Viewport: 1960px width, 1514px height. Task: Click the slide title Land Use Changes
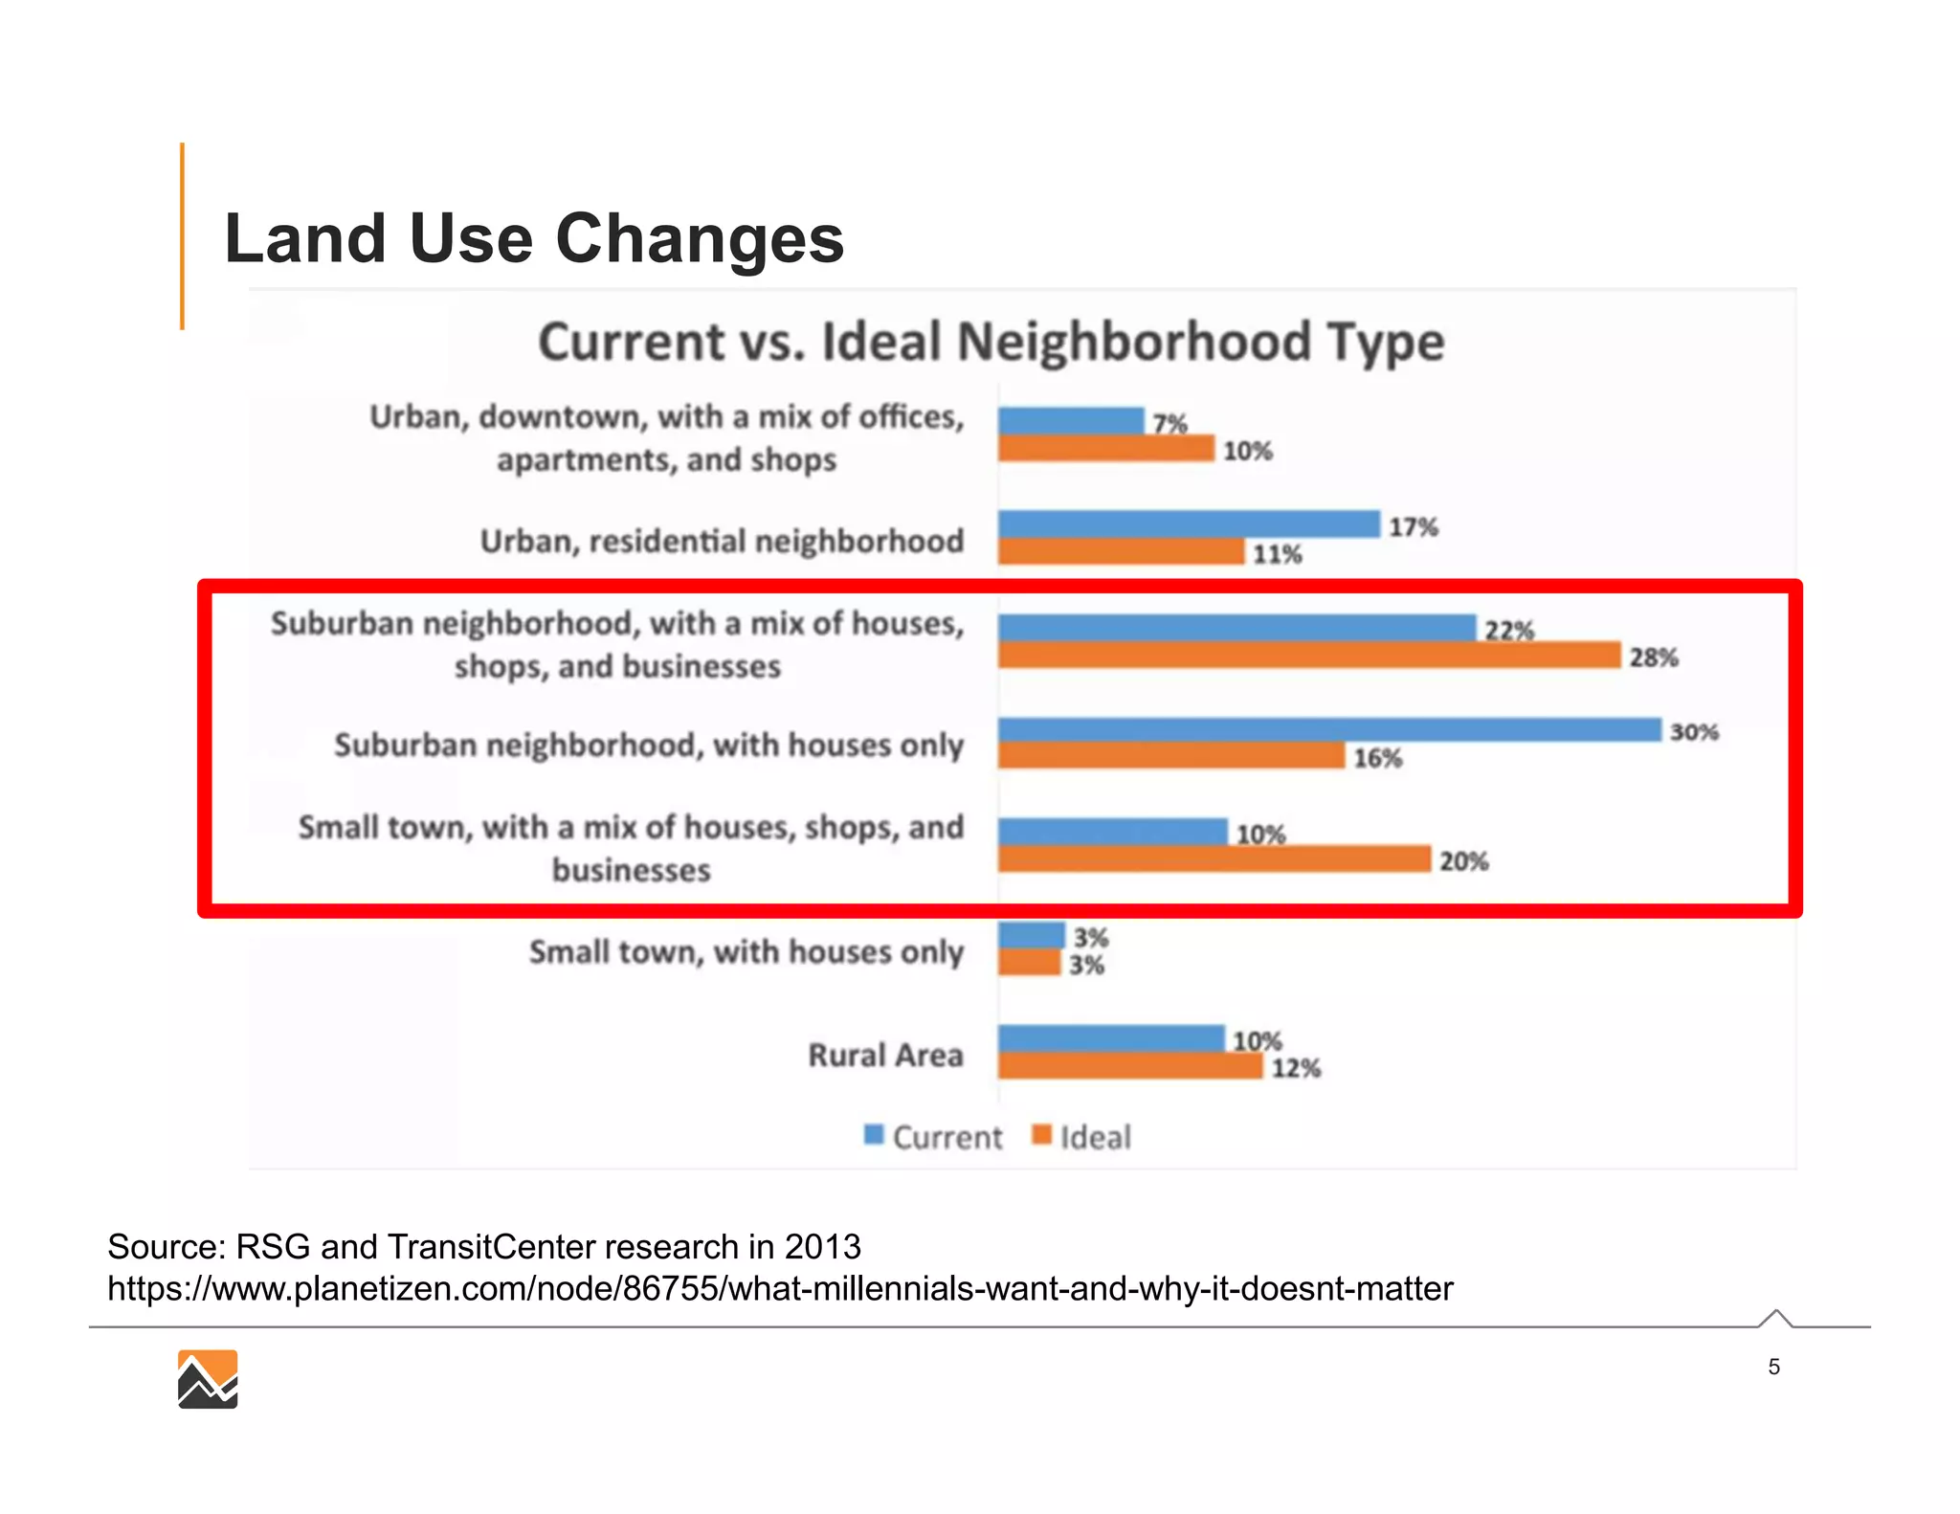(x=533, y=238)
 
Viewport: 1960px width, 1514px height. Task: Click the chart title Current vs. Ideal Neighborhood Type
(x=991, y=342)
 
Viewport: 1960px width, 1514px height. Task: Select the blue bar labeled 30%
(x=1328, y=729)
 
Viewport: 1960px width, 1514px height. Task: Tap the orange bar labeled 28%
(x=1308, y=656)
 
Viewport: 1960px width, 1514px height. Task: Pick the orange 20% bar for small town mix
(x=1214, y=859)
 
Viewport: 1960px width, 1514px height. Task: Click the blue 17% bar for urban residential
(x=1188, y=524)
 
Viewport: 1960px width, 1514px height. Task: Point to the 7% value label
(x=1169, y=422)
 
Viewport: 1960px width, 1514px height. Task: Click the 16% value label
(x=1377, y=759)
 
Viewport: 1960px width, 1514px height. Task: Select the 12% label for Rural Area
(x=1296, y=1069)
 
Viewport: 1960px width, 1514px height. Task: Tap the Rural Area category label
(x=885, y=1055)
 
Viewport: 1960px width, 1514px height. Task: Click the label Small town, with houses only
(x=746, y=952)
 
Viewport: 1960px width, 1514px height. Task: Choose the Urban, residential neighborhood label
(x=722, y=542)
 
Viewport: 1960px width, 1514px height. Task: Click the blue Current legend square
(x=873, y=1135)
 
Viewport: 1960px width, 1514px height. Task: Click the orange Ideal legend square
(x=1042, y=1135)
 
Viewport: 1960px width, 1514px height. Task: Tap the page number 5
(x=1773, y=1367)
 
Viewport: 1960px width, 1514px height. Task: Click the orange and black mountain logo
(x=208, y=1379)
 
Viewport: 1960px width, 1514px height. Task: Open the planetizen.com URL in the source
(x=779, y=1289)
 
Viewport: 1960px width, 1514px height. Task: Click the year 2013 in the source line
(x=822, y=1247)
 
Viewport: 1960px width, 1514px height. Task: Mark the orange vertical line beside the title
(x=182, y=236)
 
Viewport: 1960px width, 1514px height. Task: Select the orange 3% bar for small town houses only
(x=1030, y=963)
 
